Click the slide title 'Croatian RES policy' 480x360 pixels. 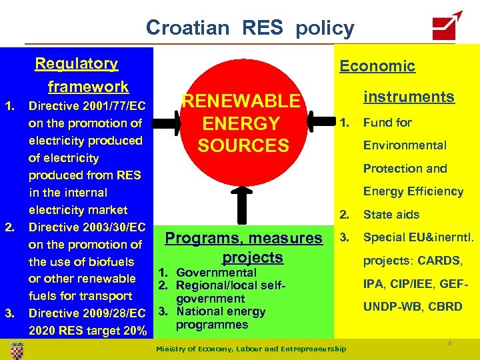pos(250,28)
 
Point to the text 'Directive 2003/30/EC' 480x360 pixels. pos(86,227)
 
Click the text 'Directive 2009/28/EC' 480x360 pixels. pos(87,313)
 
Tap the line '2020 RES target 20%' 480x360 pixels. pos(87,330)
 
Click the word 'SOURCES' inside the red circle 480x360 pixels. pos(243,145)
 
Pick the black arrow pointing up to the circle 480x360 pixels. pos(243,207)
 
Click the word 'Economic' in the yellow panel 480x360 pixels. pos(377,65)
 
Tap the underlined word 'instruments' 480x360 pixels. pos(408,97)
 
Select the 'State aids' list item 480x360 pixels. pos(391,215)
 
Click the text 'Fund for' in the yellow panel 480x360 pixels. pos(387,123)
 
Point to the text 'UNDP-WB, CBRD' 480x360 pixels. pos(412,307)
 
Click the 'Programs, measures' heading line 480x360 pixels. pos(243,238)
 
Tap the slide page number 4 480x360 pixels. pos(449,343)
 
